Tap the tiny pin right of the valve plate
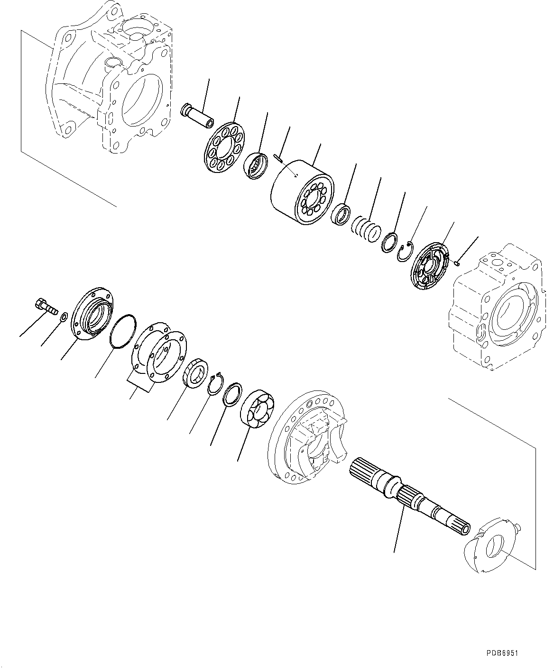tap(457, 263)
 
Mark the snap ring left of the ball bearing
tap(216, 382)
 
